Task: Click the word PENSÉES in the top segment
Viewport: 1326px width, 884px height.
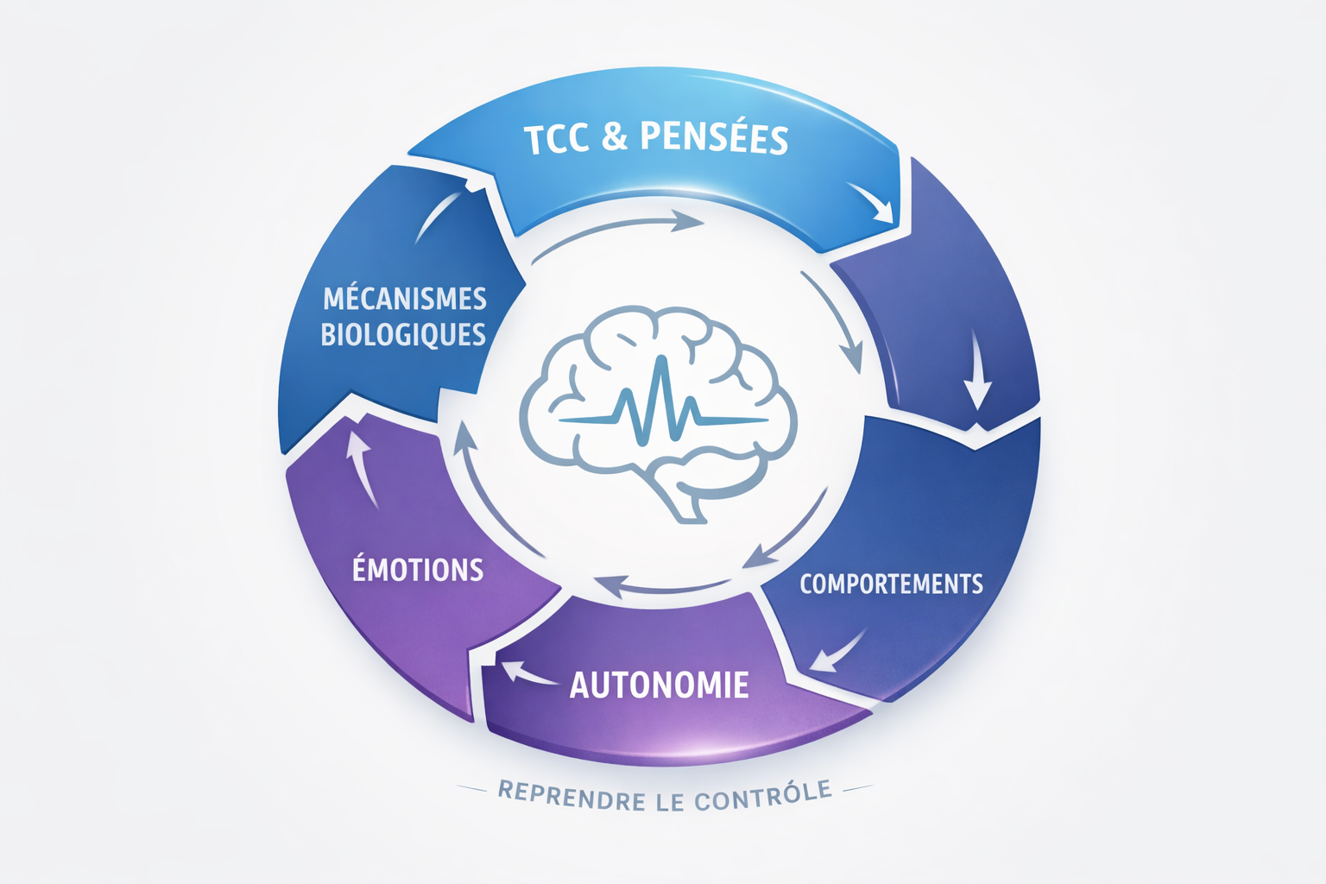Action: click(x=714, y=138)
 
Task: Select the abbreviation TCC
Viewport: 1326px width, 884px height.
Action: click(x=558, y=140)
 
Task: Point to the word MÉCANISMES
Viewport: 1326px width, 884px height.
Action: click(x=404, y=299)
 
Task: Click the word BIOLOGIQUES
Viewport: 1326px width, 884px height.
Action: click(x=403, y=334)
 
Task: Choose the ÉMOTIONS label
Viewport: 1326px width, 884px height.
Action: click(x=418, y=570)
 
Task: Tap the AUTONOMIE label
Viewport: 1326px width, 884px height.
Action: click(x=659, y=685)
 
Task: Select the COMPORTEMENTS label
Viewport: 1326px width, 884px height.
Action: click(x=891, y=584)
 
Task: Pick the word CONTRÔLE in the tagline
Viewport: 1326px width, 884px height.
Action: click(x=763, y=796)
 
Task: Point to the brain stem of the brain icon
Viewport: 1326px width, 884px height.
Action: click(x=687, y=505)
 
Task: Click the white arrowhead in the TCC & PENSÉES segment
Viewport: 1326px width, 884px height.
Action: click(x=874, y=202)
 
